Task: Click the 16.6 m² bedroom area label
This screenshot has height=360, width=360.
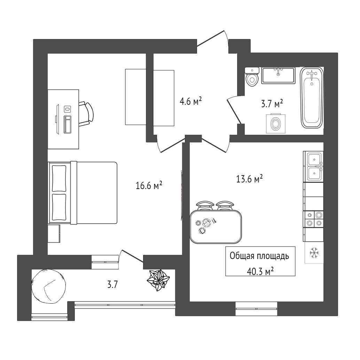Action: tap(149, 186)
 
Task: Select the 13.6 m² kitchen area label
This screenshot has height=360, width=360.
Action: tap(249, 179)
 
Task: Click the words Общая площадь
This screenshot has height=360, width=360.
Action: tap(260, 256)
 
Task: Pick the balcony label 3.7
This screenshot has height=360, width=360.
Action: tap(112, 285)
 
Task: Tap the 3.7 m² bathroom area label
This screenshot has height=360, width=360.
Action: tap(272, 104)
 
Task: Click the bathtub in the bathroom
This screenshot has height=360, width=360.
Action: tap(312, 98)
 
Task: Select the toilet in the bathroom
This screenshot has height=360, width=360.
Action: tap(252, 77)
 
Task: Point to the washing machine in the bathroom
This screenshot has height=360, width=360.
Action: tap(276, 123)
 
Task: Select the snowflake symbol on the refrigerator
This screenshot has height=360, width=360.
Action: tap(314, 253)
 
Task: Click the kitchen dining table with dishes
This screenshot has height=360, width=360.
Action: tap(216, 227)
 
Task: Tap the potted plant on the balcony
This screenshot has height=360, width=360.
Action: tap(158, 280)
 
